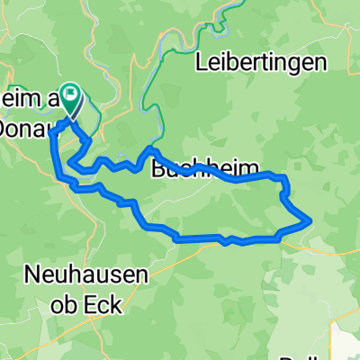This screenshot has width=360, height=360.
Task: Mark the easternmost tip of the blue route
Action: click(x=310, y=218)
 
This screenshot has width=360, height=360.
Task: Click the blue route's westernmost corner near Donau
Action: click(x=49, y=132)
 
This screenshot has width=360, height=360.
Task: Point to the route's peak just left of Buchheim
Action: click(x=150, y=148)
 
